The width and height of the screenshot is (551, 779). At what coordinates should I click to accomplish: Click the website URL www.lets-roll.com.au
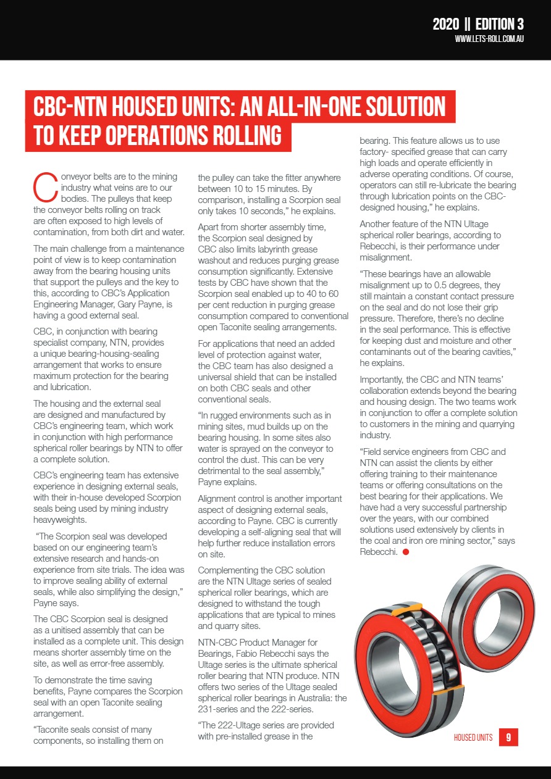(x=489, y=39)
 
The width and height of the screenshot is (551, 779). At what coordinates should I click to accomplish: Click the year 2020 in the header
(x=445, y=24)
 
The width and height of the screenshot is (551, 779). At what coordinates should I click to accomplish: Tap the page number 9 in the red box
(x=508, y=737)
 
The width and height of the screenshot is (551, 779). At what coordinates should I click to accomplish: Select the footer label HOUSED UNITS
(x=473, y=738)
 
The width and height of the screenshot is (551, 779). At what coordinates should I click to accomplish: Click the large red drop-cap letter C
(x=45, y=187)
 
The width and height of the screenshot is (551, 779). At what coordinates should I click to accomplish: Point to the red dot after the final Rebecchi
(x=405, y=552)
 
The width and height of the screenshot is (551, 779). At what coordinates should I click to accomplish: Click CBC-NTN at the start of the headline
(x=75, y=107)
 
